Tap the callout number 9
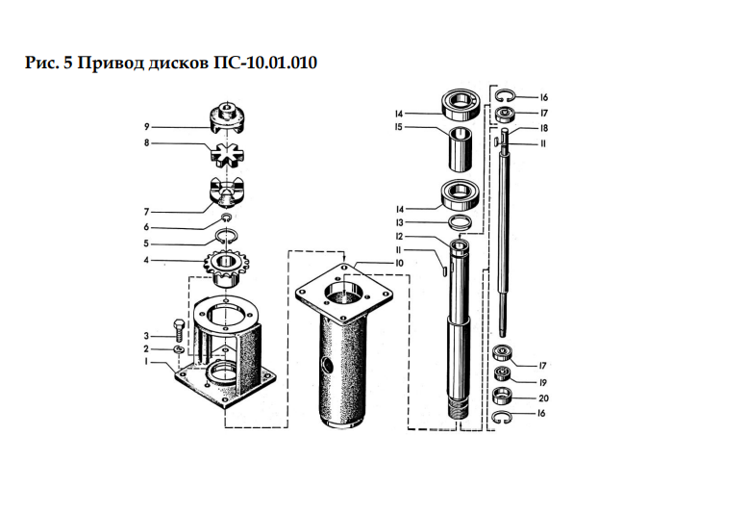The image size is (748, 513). (147, 127)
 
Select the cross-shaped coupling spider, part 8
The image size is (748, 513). (227, 154)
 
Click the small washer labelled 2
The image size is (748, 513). (180, 349)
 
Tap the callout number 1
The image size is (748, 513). (147, 362)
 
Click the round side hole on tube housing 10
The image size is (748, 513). (328, 366)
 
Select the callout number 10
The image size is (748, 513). (399, 263)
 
